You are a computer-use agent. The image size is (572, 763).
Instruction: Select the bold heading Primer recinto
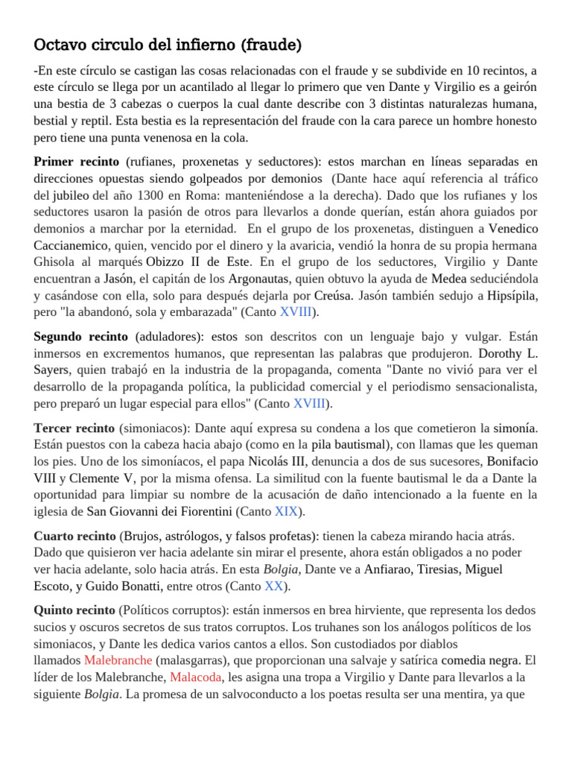point(76,162)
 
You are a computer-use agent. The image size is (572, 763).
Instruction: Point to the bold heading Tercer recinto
point(74,428)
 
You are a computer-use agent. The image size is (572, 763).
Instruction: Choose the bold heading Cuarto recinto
point(74,536)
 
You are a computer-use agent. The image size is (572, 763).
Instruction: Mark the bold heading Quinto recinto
point(74,610)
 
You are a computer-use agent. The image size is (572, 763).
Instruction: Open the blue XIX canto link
point(286,512)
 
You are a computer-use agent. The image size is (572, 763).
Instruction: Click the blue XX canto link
point(273,586)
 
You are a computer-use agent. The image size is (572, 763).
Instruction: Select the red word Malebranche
point(118,660)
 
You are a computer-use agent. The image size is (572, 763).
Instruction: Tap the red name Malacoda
point(196,677)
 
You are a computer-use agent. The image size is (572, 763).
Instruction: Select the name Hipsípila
point(512,296)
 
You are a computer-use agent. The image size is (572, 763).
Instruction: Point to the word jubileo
point(70,196)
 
